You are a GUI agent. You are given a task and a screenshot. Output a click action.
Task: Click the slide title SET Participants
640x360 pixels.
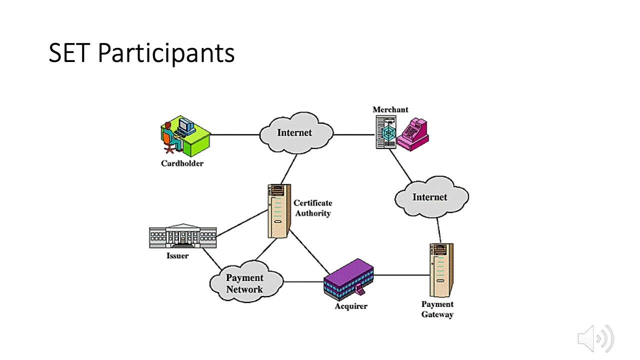point(141,53)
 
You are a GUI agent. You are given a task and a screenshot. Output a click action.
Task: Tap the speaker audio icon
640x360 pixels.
point(595,338)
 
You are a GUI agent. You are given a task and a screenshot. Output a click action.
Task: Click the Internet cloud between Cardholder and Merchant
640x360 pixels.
point(295,132)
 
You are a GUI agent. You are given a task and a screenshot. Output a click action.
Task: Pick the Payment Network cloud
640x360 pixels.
point(245,283)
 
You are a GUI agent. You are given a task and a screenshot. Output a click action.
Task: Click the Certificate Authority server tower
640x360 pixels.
point(279,211)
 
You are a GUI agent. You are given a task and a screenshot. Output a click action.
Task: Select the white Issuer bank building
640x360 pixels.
point(183,236)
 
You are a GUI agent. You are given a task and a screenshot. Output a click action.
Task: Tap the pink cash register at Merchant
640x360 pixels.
point(413,134)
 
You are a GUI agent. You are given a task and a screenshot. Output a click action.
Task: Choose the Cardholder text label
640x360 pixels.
point(182,163)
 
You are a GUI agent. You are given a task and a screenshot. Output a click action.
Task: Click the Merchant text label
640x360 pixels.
point(390,109)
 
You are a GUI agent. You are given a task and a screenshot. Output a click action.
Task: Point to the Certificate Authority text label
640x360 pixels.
point(312,208)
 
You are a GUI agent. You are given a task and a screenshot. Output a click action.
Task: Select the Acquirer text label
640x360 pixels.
point(350,306)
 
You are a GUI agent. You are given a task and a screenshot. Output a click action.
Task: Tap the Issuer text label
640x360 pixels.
point(177,256)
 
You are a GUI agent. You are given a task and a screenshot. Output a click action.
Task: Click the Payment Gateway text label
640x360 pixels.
point(437,309)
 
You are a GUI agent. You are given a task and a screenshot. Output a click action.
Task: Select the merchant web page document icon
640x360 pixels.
point(385,132)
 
